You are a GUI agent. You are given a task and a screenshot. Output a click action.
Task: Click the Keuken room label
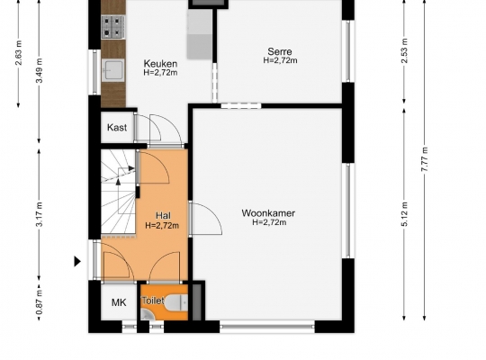(160, 64)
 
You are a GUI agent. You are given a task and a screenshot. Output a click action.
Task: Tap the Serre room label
(280, 51)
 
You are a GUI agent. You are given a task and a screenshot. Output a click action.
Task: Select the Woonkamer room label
(268, 213)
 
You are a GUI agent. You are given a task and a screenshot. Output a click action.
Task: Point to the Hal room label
(163, 215)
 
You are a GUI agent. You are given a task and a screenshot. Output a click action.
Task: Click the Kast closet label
(117, 128)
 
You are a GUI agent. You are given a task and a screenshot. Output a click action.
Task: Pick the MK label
(119, 302)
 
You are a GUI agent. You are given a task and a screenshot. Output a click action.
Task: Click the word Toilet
(153, 301)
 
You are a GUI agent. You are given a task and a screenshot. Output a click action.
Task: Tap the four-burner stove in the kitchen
(113, 27)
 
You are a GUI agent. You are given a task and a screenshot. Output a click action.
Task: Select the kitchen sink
(112, 70)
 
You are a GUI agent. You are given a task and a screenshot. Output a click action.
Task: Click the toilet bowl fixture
(176, 302)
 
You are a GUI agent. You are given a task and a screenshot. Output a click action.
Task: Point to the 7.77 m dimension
(425, 159)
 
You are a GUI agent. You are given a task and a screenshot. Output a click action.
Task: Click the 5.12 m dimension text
(405, 214)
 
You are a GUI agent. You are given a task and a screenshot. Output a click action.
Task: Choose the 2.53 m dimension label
(405, 50)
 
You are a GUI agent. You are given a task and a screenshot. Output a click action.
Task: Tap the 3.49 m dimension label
(40, 70)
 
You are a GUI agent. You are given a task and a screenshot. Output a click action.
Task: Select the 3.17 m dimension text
(40, 214)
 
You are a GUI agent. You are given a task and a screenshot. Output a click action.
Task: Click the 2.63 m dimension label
(19, 53)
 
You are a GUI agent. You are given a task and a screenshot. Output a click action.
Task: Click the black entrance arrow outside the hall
(77, 261)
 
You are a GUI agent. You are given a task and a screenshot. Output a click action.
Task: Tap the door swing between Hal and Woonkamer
(205, 219)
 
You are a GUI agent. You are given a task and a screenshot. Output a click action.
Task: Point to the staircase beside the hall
(119, 192)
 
